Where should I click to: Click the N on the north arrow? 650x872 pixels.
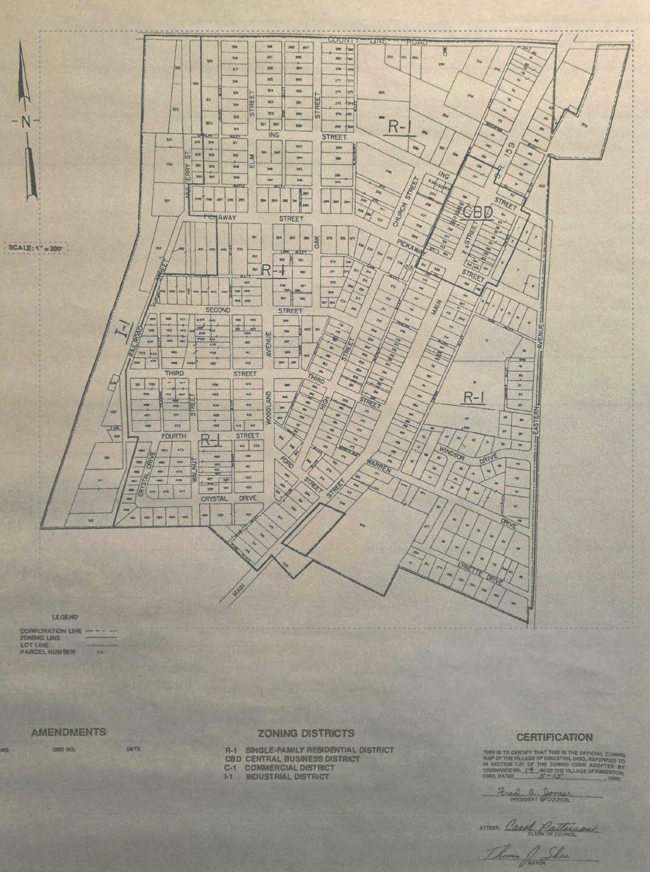click(x=26, y=122)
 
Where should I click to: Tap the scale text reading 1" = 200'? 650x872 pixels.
click(x=36, y=248)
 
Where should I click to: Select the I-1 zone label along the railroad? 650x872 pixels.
click(x=125, y=328)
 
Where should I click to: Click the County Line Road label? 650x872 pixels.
click(x=377, y=41)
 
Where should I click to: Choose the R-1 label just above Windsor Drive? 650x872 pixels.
click(x=474, y=397)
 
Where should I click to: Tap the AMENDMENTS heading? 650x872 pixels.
click(x=68, y=732)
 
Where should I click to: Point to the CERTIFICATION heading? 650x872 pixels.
click(x=555, y=737)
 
